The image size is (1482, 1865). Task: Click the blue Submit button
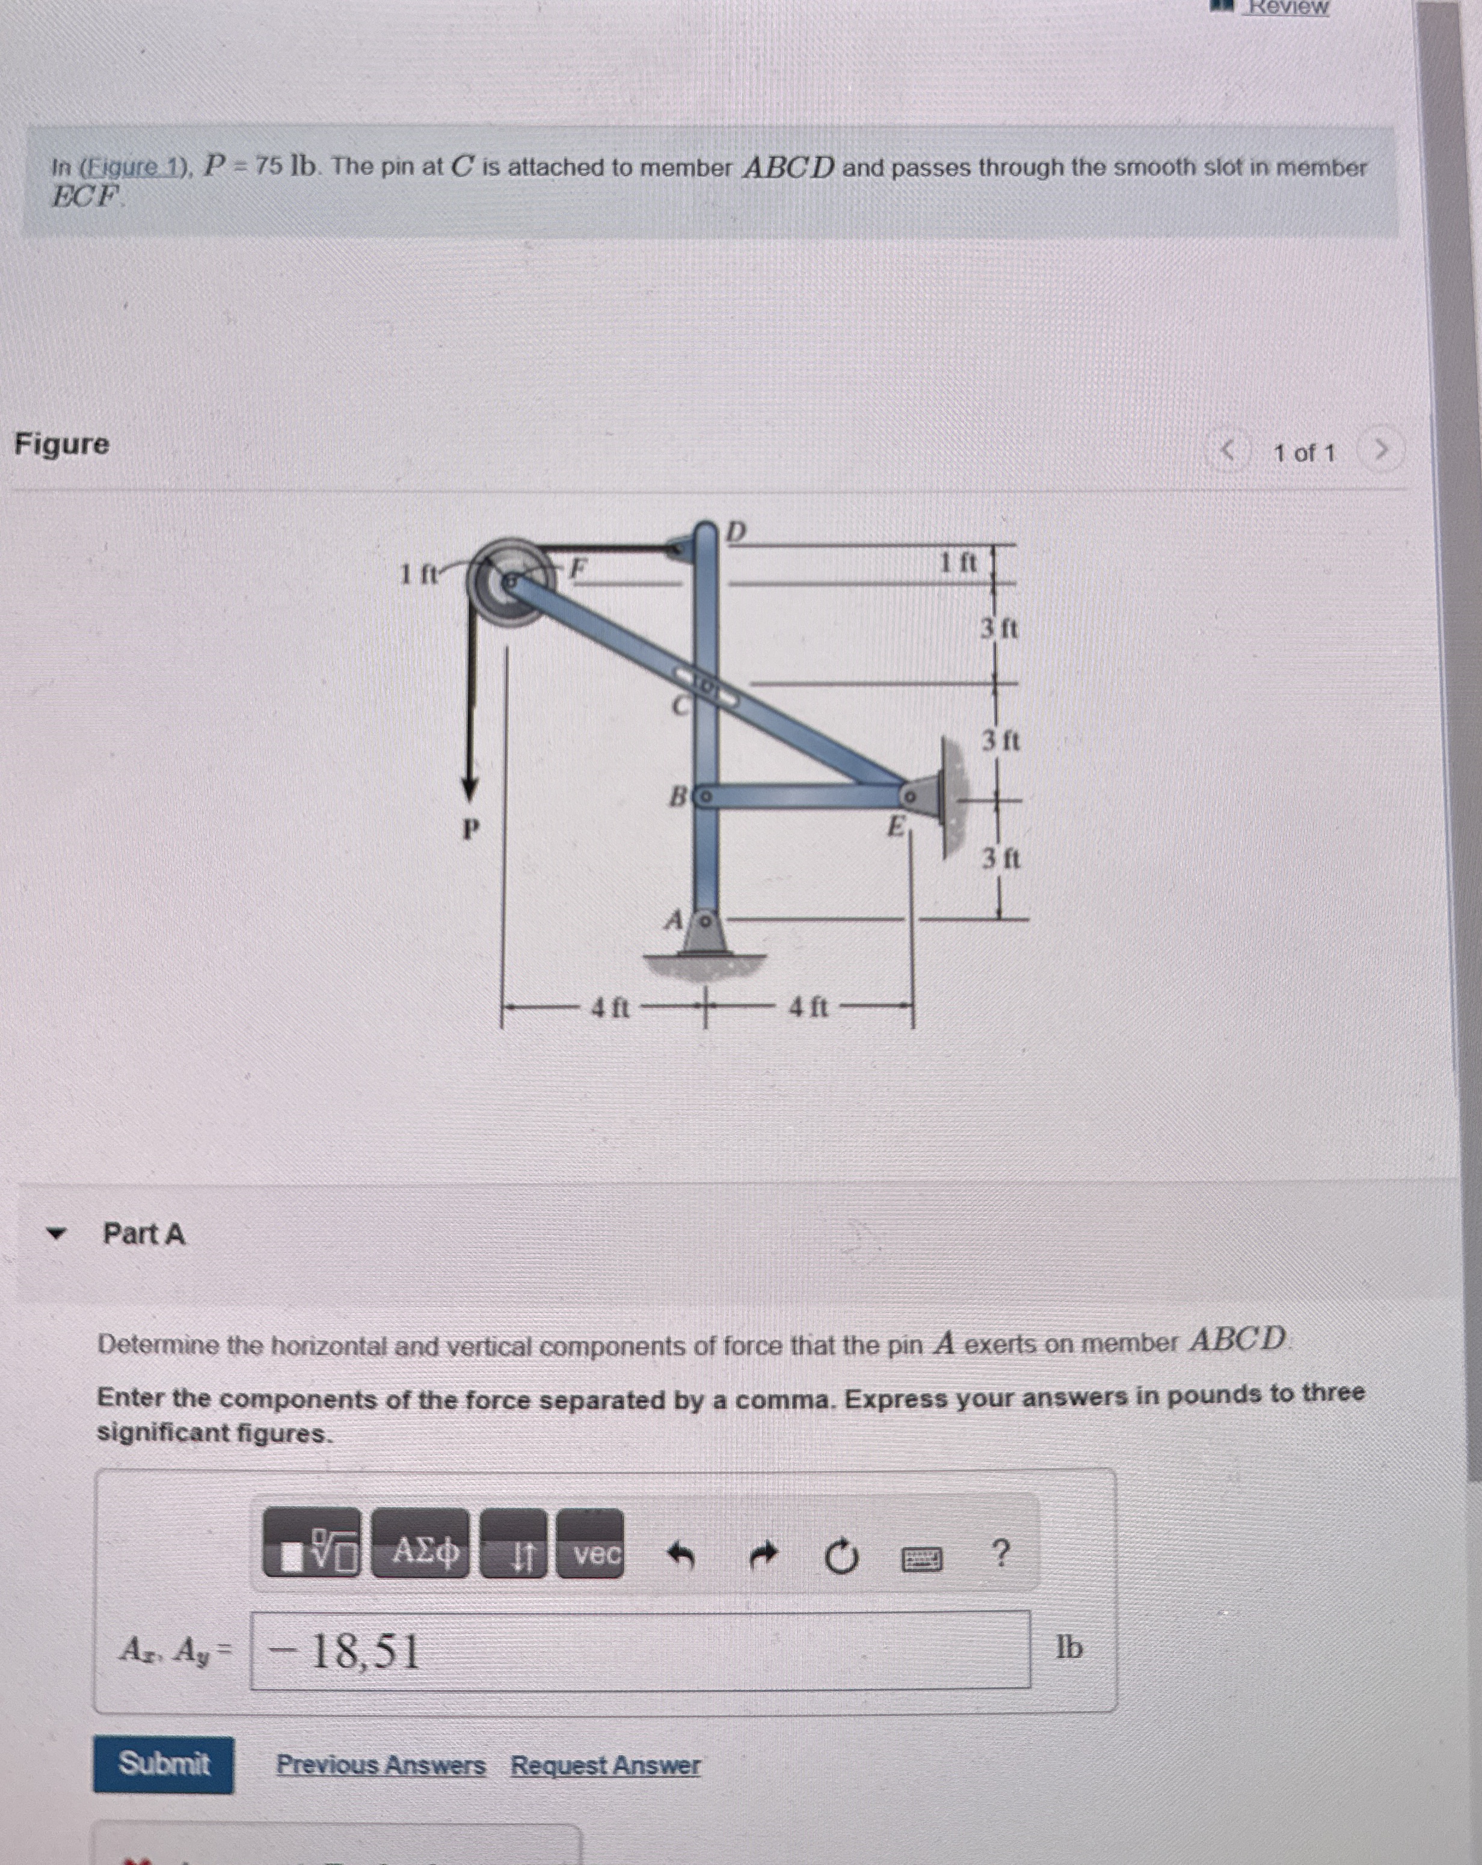click(x=164, y=1764)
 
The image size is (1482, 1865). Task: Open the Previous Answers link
click(x=381, y=1765)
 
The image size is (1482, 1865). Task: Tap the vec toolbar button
click(x=590, y=1554)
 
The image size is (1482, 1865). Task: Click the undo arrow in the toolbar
click(x=681, y=1556)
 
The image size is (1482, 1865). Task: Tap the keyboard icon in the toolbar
click(x=921, y=1559)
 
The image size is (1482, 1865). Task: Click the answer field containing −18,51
click(x=640, y=1650)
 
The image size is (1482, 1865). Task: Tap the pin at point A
click(x=705, y=920)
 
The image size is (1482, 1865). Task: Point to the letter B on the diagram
click(x=679, y=794)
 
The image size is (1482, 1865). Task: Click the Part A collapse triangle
click(x=56, y=1234)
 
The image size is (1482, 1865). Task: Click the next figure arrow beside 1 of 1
click(x=1381, y=451)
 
